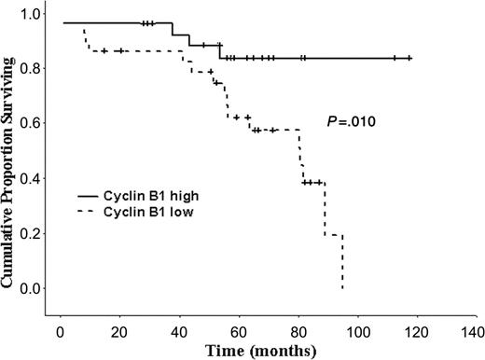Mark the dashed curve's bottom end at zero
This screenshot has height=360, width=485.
click(x=343, y=288)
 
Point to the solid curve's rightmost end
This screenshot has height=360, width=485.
click(x=410, y=58)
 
